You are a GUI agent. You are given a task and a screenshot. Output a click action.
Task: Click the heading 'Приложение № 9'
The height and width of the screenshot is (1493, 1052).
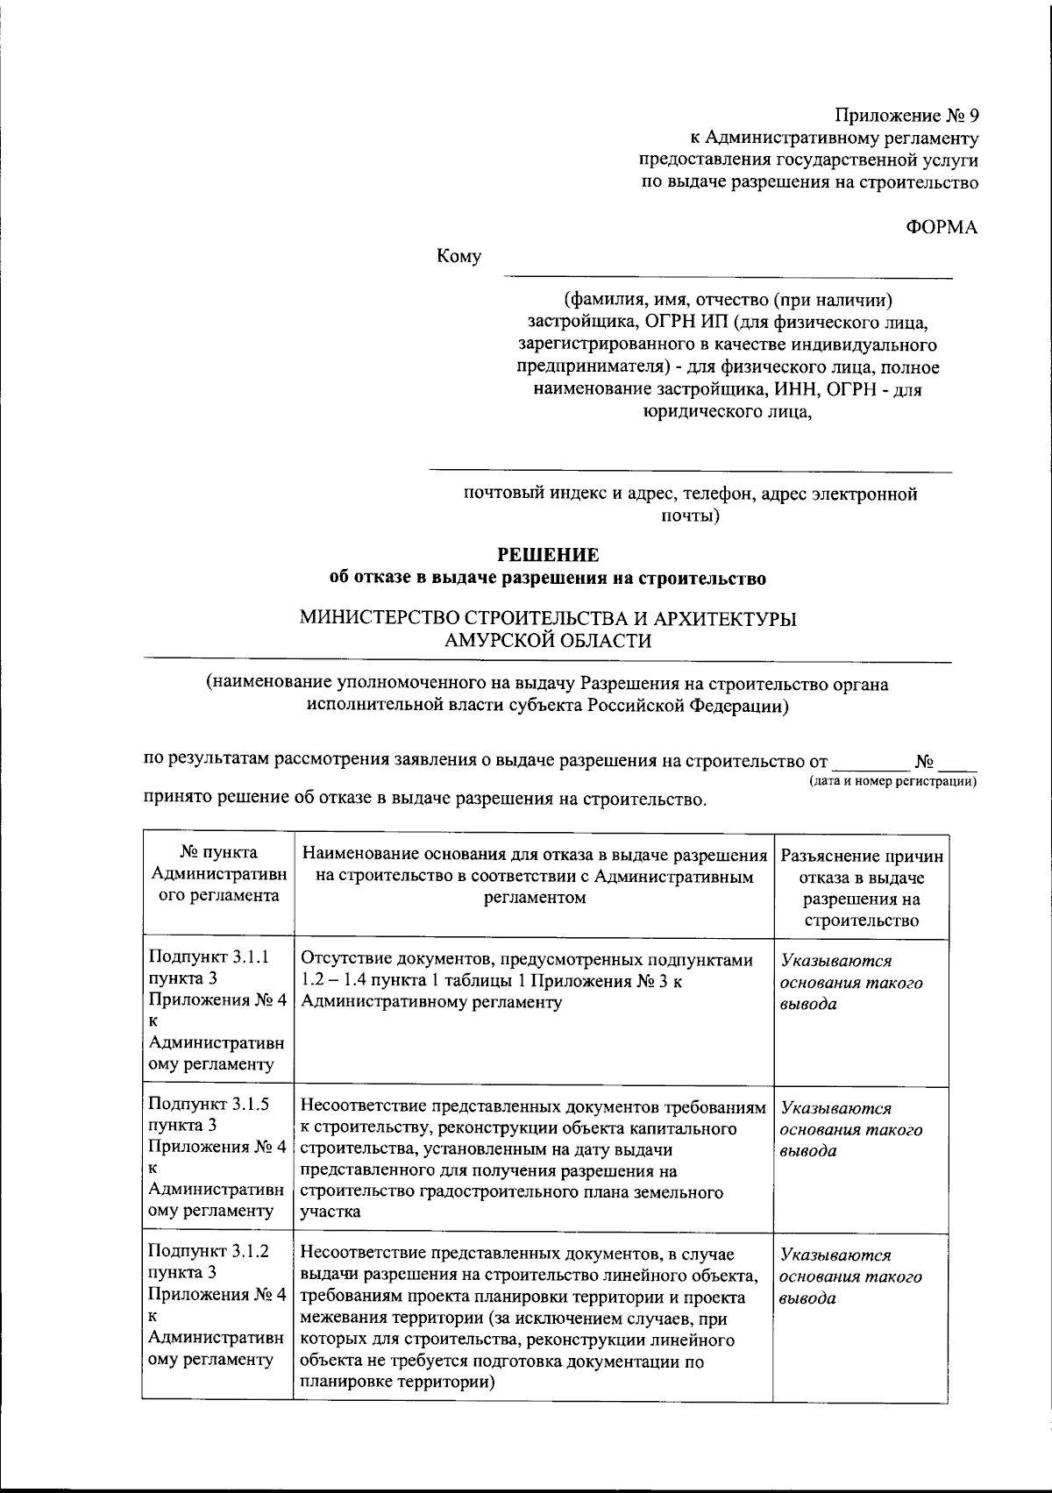(905, 116)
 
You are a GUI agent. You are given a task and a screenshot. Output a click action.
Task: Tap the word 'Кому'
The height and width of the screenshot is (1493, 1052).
(459, 257)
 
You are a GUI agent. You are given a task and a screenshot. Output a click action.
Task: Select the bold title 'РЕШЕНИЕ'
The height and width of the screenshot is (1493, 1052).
(548, 555)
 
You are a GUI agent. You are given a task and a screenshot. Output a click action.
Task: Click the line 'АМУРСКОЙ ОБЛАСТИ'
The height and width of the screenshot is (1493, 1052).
(548, 641)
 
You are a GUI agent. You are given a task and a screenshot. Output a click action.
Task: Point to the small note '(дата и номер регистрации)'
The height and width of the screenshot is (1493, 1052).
(892, 780)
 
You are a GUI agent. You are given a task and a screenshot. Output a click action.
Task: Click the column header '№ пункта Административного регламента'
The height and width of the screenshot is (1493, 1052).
(218, 874)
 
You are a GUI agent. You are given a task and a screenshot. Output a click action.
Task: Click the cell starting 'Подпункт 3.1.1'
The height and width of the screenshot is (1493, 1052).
(217, 1012)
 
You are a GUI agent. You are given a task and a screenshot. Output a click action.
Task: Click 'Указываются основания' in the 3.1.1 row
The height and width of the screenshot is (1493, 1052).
(850, 982)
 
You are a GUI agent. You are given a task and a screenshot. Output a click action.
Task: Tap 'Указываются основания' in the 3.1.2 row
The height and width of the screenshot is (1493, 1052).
(850, 1276)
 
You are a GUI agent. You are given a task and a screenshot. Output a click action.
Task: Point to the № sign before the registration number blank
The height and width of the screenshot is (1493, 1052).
(922, 760)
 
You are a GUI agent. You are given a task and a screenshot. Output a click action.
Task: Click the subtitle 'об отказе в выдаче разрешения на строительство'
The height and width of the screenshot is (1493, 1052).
(548, 579)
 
